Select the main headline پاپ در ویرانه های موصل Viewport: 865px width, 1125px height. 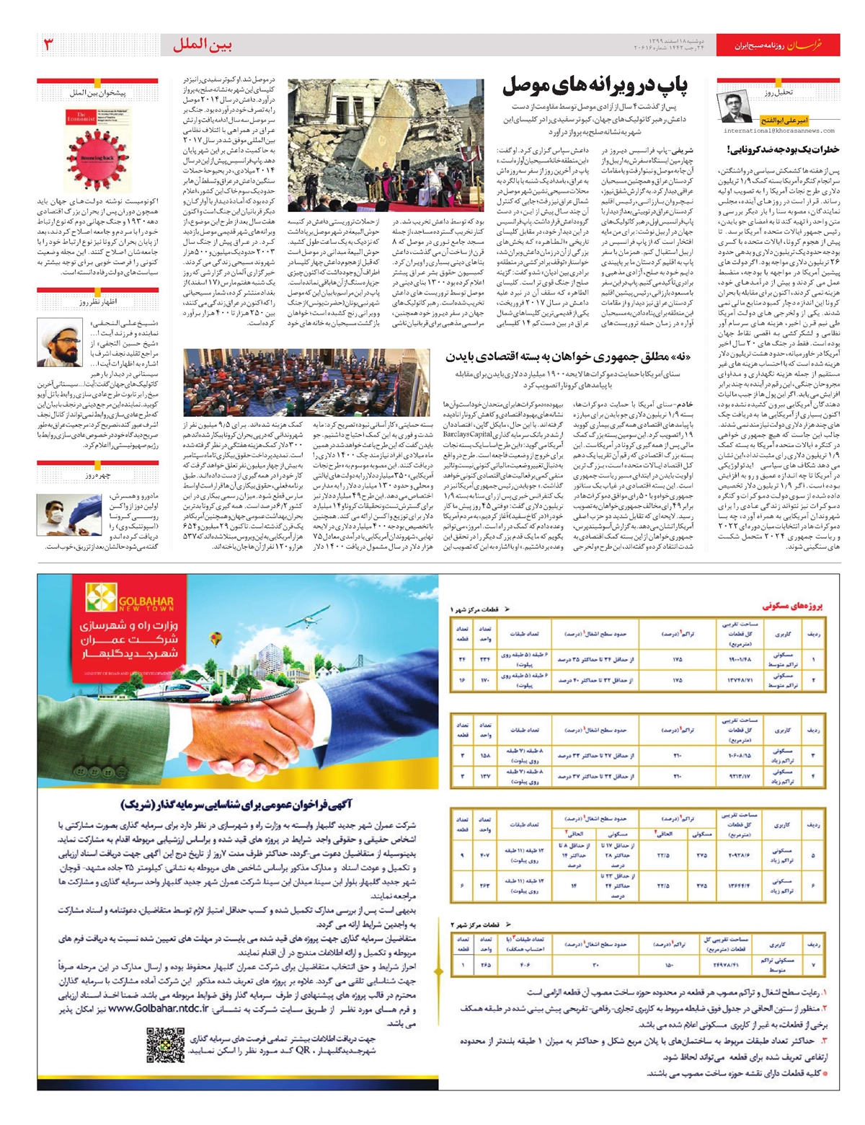pos(595,86)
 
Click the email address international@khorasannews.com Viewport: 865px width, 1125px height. pos(778,131)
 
